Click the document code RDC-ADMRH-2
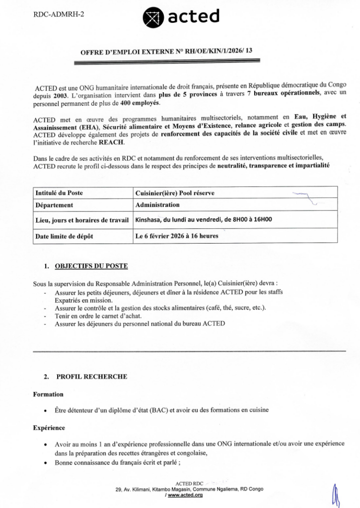59,14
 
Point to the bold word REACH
111,142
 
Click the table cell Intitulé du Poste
59,193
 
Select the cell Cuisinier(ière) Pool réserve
175,193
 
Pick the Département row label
55,204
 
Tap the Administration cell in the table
157,204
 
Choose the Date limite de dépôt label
64,236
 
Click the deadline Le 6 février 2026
176,236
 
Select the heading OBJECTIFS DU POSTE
91,266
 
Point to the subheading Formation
48,394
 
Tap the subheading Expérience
49,428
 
